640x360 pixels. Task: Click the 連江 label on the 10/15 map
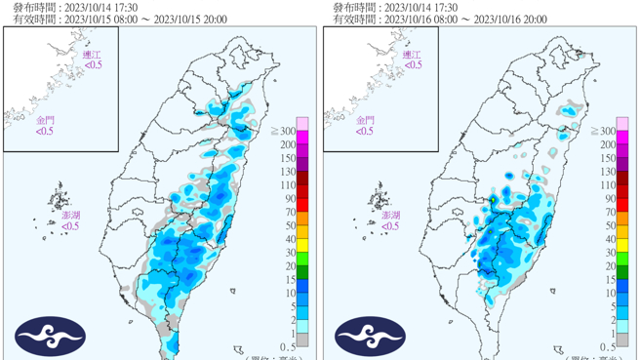click(93, 55)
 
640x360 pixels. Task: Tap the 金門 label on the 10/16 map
click(365, 121)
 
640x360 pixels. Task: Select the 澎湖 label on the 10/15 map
click(71, 215)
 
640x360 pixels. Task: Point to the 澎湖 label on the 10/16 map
click(390, 215)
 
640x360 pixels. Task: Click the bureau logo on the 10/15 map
click(50, 337)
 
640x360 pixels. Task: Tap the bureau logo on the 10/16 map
click(370, 337)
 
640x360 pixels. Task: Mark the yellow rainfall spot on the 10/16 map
click(494, 201)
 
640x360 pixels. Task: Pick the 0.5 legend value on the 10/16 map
click(608, 346)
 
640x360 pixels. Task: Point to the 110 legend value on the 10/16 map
click(608, 184)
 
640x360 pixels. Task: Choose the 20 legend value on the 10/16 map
click(608, 265)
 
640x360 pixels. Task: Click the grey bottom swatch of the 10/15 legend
click(302, 340)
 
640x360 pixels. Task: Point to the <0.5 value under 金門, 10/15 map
click(45, 132)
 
